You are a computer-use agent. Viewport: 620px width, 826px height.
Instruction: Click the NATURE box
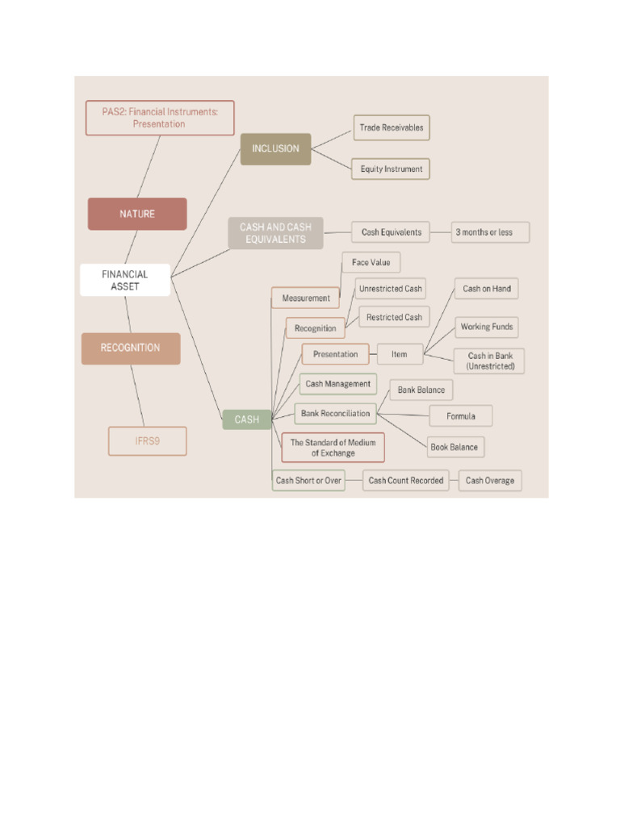coord(137,214)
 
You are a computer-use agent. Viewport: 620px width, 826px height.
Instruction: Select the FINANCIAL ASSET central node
coord(125,280)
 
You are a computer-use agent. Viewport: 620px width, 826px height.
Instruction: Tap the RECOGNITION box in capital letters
coord(131,348)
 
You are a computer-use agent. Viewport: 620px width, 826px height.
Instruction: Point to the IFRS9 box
coord(148,441)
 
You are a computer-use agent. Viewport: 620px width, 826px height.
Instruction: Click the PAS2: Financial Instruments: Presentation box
coord(160,118)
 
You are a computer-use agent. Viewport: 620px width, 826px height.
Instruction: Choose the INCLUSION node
coord(275,148)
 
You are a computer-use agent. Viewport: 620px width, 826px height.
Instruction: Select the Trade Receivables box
coord(392,127)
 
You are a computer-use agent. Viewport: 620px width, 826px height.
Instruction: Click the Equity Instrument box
coord(392,169)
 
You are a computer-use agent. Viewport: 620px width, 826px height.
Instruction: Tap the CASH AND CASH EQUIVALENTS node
coord(275,233)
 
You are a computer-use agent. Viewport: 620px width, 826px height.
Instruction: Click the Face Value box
coord(371,262)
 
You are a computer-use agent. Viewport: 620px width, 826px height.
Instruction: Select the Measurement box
coord(306,298)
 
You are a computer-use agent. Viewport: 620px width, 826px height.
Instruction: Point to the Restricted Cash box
coord(394,317)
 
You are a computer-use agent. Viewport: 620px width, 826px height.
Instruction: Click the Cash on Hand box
coord(487,289)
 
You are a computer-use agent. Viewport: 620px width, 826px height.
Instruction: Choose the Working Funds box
coord(487,327)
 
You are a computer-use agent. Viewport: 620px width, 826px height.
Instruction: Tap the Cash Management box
coord(338,384)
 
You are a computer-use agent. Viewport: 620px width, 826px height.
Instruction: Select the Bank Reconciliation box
coord(335,414)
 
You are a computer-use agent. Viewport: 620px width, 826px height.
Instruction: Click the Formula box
coord(461,416)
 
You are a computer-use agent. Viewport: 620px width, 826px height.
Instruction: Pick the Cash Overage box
coord(490,481)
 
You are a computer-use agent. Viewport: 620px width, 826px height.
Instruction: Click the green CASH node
coord(247,419)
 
